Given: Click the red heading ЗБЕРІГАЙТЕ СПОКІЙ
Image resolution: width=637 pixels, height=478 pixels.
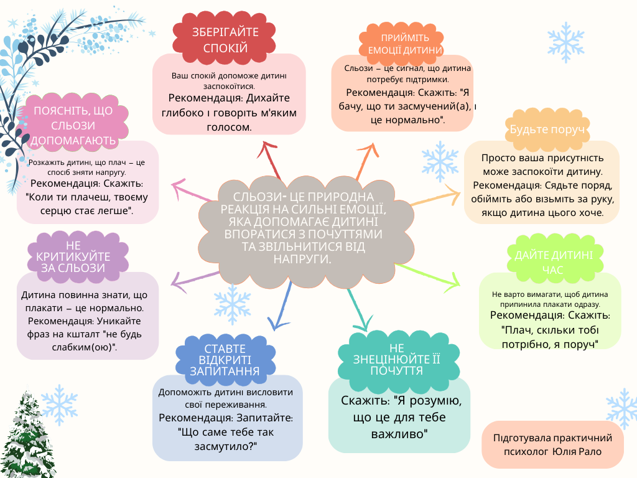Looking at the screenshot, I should click(225, 40).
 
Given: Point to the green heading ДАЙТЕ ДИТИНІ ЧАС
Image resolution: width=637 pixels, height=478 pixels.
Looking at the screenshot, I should click(550, 262).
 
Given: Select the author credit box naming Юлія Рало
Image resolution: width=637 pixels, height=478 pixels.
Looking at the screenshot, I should click(552, 444).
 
